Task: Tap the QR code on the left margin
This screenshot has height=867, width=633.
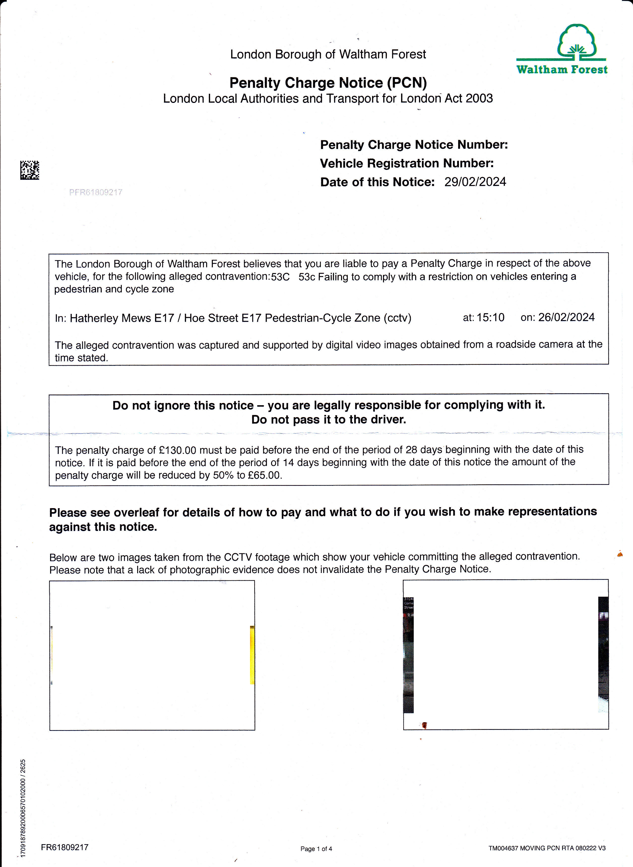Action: click(x=30, y=170)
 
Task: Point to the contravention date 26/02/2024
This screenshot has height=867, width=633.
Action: click(x=566, y=317)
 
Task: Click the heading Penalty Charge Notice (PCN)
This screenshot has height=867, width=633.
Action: click(x=328, y=83)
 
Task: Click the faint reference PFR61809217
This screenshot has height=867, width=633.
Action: click(x=96, y=192)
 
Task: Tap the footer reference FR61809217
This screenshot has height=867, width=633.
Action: click(x=65, y=847)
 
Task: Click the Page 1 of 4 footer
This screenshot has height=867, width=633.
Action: click(x=316, y=849)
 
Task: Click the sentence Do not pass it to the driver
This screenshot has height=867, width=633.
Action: click(x=328, y=420)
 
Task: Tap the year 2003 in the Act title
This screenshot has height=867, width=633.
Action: click(x=479, y=98)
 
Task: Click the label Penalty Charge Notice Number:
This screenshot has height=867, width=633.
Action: click(x=414, y=145)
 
